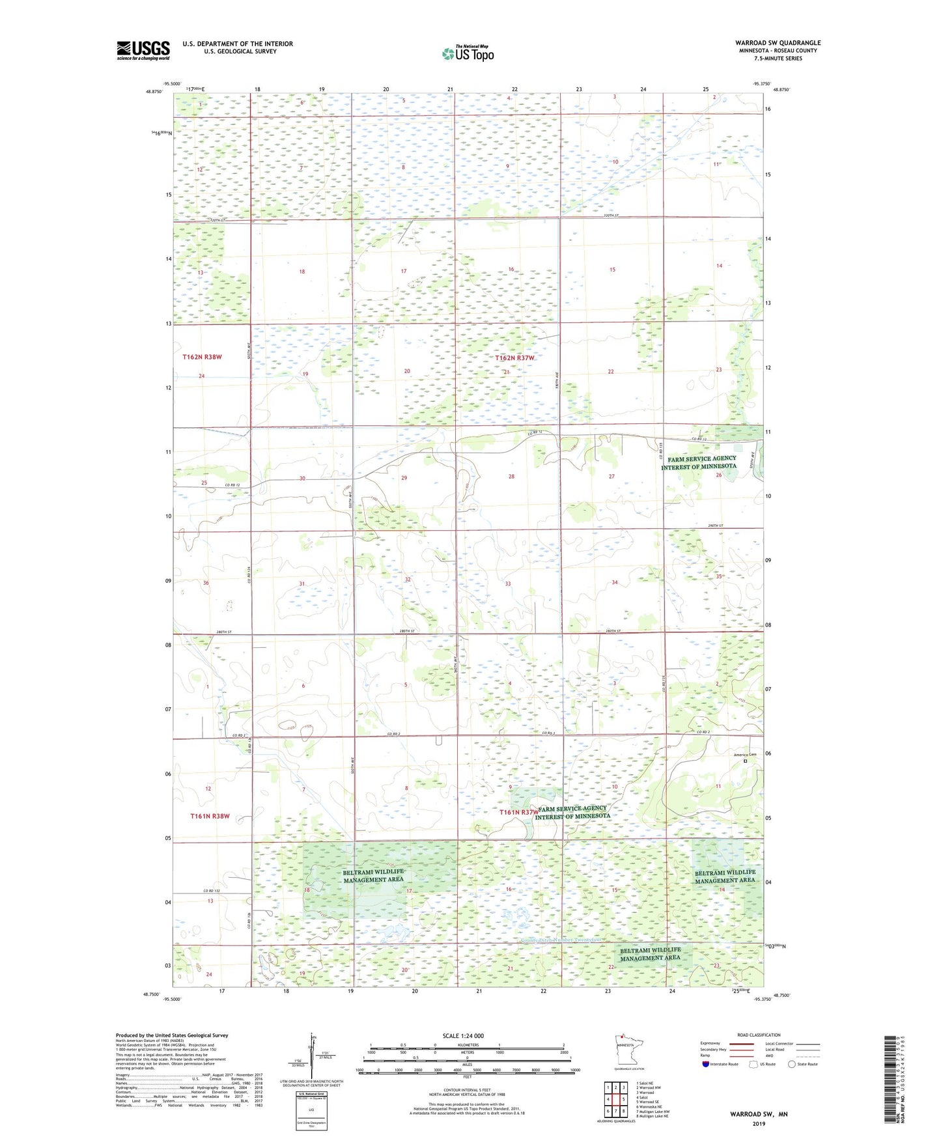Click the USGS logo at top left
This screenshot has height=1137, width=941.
(x=143, y=50)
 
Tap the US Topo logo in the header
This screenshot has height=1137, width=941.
(x=467, y=53)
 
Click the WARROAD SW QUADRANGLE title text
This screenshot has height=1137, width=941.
(x=778, y=42)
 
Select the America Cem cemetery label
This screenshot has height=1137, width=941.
(x=745, y=755)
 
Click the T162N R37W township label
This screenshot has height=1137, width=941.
(x=514, y=358)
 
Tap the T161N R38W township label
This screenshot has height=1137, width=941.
(x=210, y=816)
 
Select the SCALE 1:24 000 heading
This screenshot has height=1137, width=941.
(x=463, y=1035)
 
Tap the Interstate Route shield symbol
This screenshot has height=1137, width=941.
(x=706, y=1064)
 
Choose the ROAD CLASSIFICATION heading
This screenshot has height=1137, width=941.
(x=759, y=1035)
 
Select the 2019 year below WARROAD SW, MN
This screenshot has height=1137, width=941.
(x=759, y=1123)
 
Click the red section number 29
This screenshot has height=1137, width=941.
(x=404, y=478)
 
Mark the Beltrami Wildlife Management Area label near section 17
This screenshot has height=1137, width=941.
(x=373, y=875)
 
